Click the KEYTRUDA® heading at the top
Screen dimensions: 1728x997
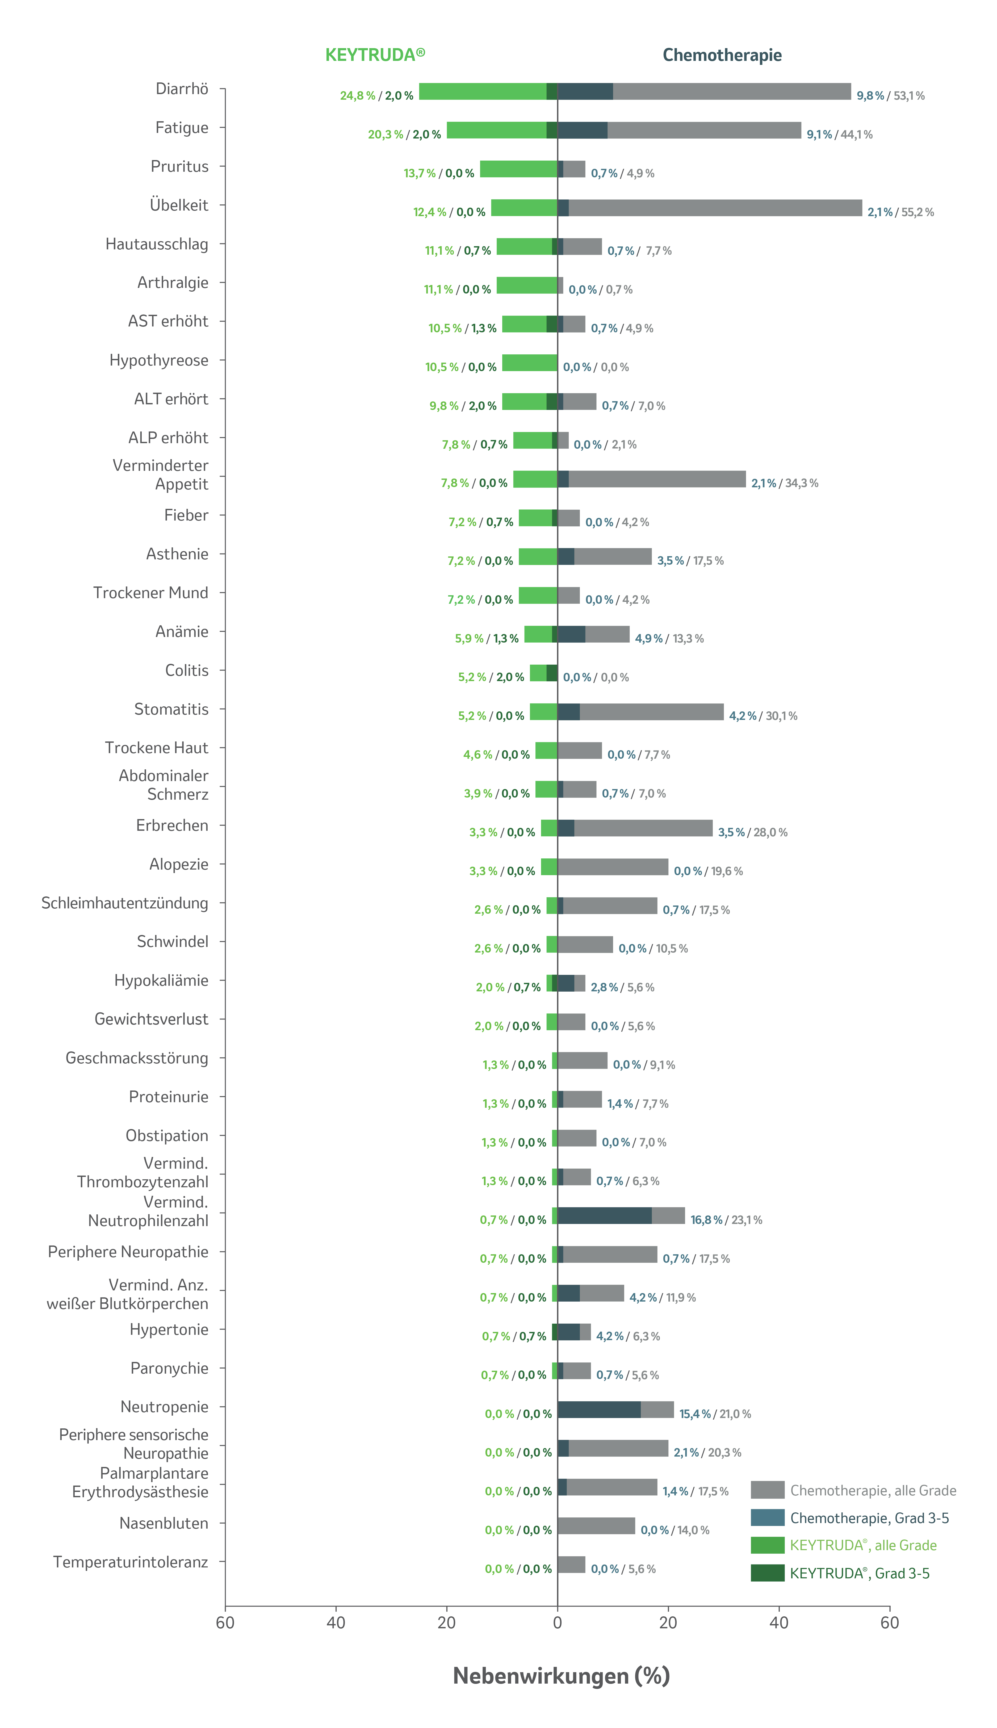[x=375, y=55]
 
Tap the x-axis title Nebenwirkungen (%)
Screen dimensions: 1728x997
[x=561, y=1675]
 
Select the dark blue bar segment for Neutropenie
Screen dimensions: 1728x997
[x=599, y=1410]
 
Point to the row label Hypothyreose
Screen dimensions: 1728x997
[x=159, y=360]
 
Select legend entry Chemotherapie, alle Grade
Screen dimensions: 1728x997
[x=873, y=1490]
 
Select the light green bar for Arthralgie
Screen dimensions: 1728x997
[x=527, y=285]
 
